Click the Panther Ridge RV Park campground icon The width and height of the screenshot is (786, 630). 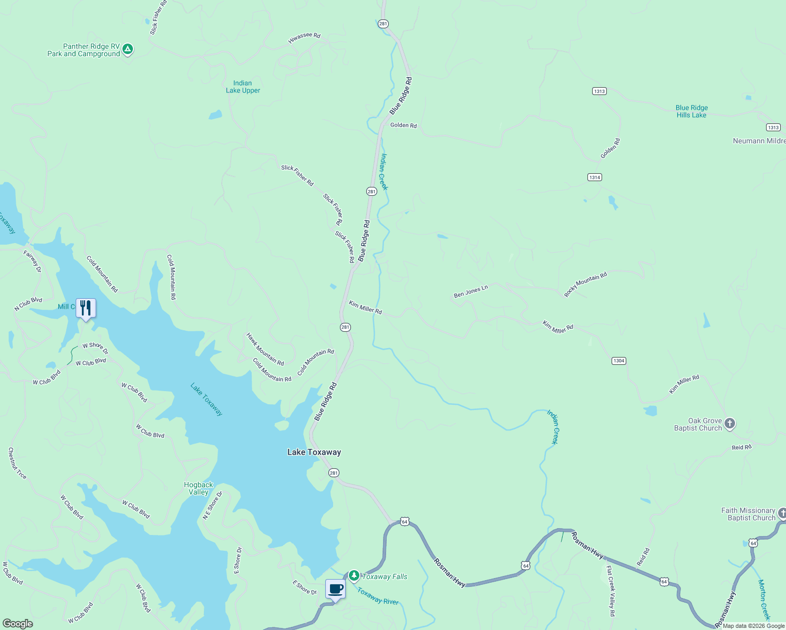tap(127, 50)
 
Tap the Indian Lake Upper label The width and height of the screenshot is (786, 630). tap(243, 87)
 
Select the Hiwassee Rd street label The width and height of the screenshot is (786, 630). tap(304, 38)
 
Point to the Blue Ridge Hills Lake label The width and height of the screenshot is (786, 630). tap(691, 111)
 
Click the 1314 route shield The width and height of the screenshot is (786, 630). tap(594, 177)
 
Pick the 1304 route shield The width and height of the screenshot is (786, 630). tap(618, 361)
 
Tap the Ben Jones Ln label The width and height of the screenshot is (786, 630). tap(471, 291)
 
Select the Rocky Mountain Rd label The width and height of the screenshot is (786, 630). tap(585, 285)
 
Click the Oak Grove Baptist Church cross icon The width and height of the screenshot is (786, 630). tap(729, 423)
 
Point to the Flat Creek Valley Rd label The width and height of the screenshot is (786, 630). tap(611, 591)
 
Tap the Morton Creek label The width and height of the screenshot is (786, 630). tap(763, 600)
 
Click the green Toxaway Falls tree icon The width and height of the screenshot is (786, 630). tap(354, 576)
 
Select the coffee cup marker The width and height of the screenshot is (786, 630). tap(335, 589)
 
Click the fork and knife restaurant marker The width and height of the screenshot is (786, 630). tap(86, 308)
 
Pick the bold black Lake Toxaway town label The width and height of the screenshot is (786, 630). tap(314, 452)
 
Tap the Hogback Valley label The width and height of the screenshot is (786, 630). tap(199, 488)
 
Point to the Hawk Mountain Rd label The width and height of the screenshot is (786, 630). tap(265, 349)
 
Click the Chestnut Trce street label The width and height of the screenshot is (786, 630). tap(17, 463)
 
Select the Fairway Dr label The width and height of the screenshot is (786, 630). tap(32, 261)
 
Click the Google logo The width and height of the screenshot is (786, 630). tap(18, 623)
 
